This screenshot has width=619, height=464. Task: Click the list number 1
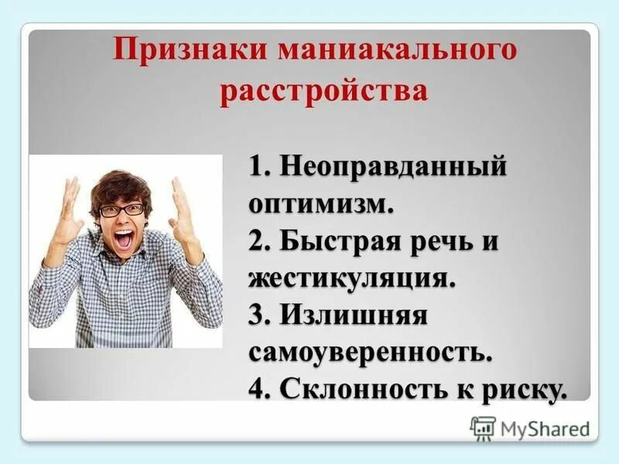258,167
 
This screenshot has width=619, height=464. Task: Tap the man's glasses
121,209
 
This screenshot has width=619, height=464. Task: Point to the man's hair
120,186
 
